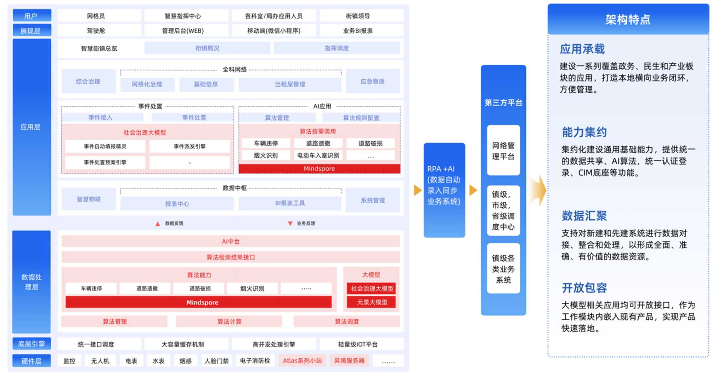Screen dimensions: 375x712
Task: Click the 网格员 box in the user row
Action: click(x=96, y=16)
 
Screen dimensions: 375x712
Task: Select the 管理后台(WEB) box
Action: click(x=183, y=31)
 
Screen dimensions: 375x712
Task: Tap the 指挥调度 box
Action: click(x=336, y=48)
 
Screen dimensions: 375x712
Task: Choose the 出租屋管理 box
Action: click(x=290, y=84)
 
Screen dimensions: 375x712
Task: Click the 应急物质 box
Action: click(x=372, y=82)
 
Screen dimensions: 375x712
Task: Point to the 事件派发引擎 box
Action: click(x=189, y=146)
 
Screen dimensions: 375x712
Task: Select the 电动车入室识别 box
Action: click(x=318, y=155)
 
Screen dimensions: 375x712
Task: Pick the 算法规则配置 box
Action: click(x=361, y=118)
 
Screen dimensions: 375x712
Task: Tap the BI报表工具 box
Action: click(x=290, y=203)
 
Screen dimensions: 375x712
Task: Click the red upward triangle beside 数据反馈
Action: click(x=158, y=224)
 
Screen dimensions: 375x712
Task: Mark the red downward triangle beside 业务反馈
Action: click(x=290, y=224)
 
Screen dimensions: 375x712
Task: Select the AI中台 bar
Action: click(x=230, y=241)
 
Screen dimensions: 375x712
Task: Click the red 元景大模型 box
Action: click(x=372, y=302)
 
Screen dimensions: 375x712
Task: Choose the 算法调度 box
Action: click(x=346, y=322)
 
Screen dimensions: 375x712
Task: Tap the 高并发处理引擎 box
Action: click(x=274, y=344)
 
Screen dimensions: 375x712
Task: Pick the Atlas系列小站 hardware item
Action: click(x=302, y=361)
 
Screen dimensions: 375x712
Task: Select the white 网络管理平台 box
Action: click(x=503, y=151)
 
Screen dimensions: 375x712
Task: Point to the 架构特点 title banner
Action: click(x=628, y=20)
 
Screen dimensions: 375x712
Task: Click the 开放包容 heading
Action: click(x=584, y=287)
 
